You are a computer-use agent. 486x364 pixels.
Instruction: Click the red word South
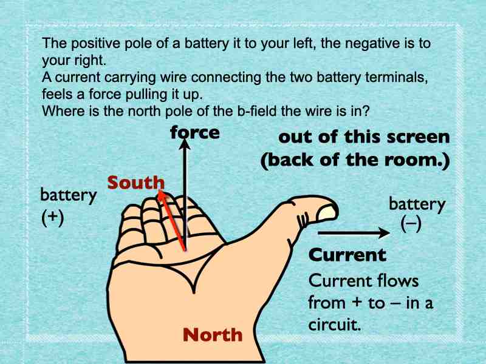click(135, 183)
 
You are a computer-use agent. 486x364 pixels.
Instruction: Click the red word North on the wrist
click(213, 335)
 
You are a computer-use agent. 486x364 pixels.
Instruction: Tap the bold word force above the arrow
click(195, 132)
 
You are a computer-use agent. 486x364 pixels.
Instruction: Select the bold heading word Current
click(347, 255)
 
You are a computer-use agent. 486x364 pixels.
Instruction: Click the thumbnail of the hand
click(327, 213)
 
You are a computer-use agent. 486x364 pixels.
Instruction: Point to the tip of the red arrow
click(159, 190)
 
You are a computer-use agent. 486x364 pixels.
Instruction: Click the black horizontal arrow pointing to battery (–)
click(354, 233)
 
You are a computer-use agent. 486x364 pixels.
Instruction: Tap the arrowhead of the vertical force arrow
click(185, 144)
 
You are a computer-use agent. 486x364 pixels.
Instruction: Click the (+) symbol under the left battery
click(53, 218)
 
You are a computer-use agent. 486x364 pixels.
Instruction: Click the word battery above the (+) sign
click(69, 195)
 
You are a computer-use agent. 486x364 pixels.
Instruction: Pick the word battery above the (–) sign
click(417, 204)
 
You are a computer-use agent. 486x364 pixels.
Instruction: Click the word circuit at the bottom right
click(335, 325)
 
